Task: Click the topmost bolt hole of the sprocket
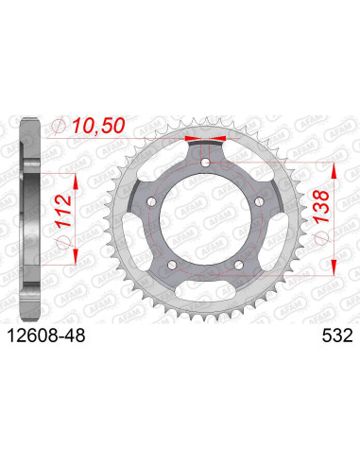tap(205, 164)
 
